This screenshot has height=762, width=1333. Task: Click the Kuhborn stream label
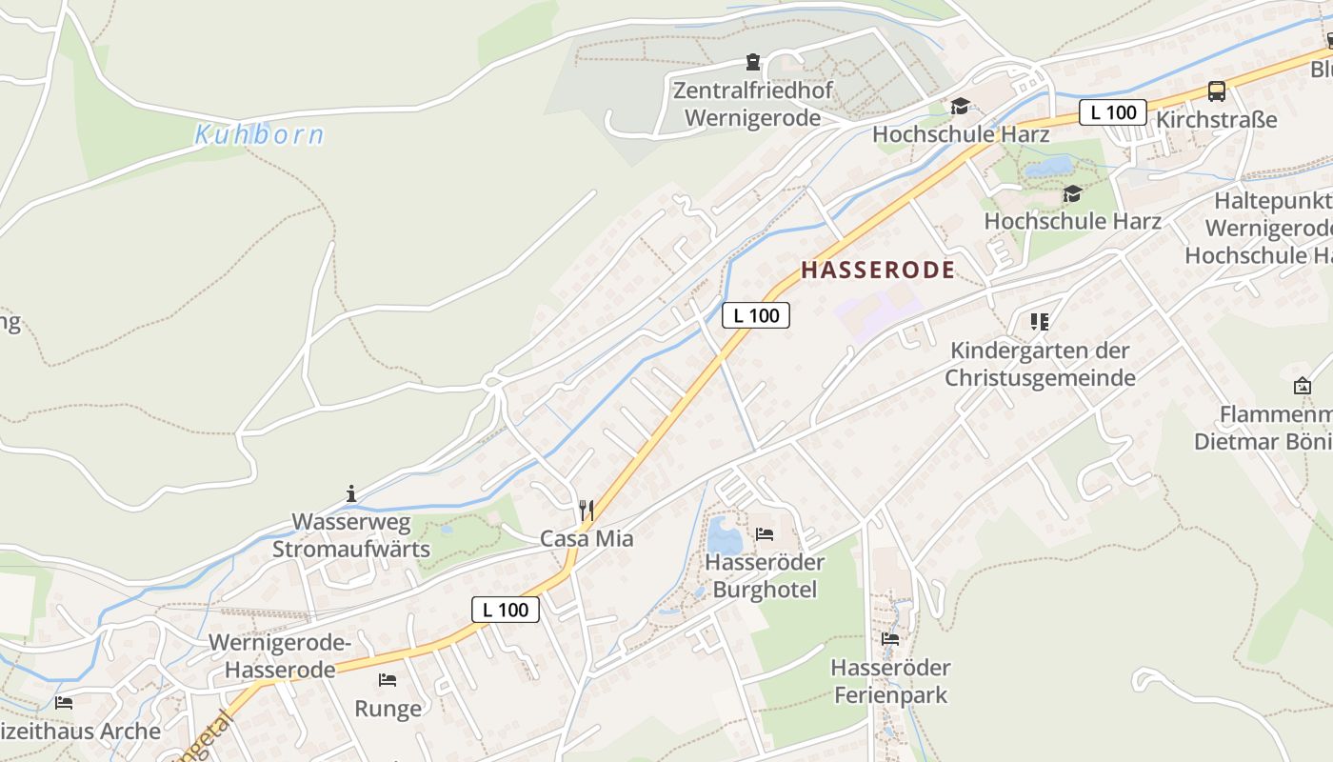(259, 135)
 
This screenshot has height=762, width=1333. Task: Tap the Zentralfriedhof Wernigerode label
(752, 105)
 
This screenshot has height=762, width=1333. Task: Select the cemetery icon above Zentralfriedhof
(753, 64)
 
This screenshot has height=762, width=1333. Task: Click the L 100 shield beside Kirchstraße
(1112, 112)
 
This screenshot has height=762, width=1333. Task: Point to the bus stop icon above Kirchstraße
(1216, 91)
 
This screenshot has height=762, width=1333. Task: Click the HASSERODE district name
(877, 271)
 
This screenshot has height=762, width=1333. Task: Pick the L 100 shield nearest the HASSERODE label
(756, 315)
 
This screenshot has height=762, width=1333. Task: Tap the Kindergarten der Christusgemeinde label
(1040, 364)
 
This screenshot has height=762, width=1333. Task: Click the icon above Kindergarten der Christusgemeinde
(1039, 322)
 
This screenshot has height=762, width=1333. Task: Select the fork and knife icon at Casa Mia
(587, 511)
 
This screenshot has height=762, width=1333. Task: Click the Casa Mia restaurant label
(587, 538)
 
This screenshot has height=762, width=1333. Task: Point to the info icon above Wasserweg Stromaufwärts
(351, 493)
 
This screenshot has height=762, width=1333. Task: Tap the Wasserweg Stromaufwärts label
(351, 535)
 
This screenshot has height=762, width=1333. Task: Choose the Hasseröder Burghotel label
(765, 575)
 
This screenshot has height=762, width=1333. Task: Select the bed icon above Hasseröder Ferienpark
(890, 638)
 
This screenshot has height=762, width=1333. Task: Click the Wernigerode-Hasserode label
(280, 656)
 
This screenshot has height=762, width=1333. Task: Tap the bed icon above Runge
(388, 680)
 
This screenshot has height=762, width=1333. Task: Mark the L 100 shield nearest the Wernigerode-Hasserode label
(506, 610)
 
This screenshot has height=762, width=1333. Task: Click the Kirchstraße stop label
(1216, 120)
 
